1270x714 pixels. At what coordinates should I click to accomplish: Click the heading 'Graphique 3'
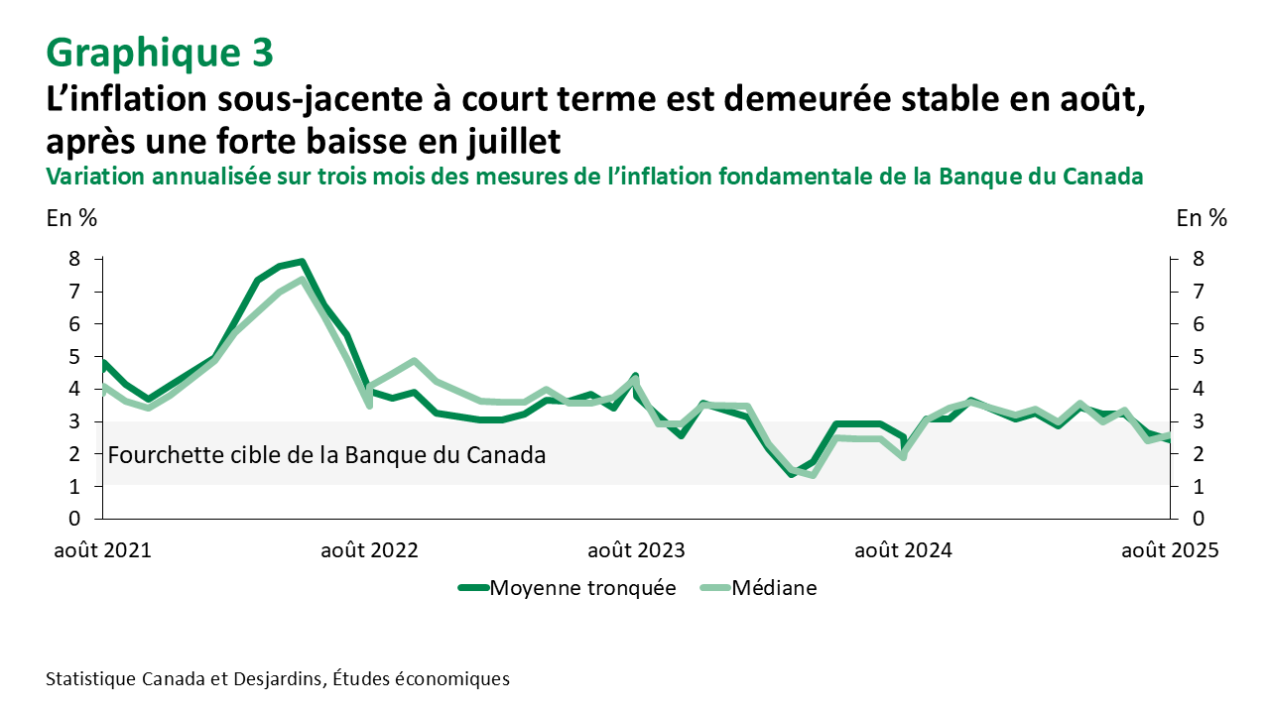click(159, 52)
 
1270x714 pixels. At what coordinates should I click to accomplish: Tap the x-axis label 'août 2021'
click(101, 549)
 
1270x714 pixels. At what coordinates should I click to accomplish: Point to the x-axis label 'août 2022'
click(369, 549)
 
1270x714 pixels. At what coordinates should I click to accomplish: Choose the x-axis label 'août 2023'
click(636, 549)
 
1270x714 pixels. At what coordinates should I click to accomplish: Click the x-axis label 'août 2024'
click(903, 549)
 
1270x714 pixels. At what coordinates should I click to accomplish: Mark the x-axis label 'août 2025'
click(1169, 549)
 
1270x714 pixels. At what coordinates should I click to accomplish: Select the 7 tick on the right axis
click(1200, 292)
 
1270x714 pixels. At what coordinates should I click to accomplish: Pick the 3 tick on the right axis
click(1200, 421)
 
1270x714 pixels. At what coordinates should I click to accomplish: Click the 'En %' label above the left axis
click(71, 218)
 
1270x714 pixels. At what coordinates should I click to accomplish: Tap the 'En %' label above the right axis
click(1201, 218)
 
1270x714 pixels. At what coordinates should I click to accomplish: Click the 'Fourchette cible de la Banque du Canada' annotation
click(325, 456)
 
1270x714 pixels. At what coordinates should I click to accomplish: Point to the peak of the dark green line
click(302, 262)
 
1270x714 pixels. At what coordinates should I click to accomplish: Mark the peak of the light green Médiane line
click(302, 280)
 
